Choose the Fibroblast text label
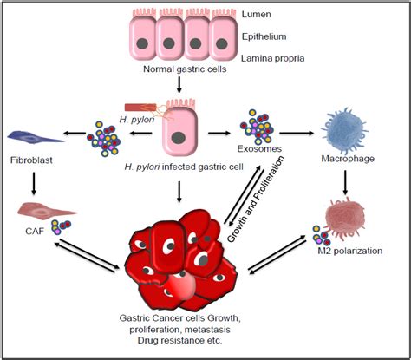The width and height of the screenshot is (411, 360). pos(31,160)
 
